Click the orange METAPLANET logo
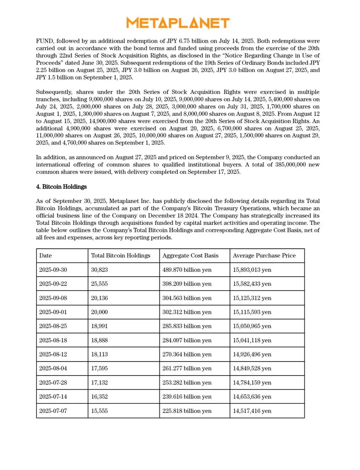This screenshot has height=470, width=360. [x=178, y=23]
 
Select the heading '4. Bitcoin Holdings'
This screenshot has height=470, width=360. [x=62, y=187]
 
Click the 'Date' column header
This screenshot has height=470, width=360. [x=45, y=256]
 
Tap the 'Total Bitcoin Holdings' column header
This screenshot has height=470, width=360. [x=121, y=256]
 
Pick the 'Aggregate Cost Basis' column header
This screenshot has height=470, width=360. [x=190, y=256]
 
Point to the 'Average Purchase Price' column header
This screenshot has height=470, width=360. [x=264, y=256]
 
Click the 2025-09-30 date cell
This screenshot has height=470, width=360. [x=53, y=270]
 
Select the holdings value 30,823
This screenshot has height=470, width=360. [x=99, y=270]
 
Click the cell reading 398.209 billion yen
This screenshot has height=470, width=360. [x=187, y=284]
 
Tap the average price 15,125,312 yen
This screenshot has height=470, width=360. [x=252, y=298]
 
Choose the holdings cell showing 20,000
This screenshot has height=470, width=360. [x=99, y=312]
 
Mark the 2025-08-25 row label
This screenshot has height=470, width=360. [x=53, y=326]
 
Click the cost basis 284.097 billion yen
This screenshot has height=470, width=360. [x=187, y=340]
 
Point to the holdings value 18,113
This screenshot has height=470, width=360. [x=99, y=354]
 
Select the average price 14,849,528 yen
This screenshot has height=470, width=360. [x=252, y=369]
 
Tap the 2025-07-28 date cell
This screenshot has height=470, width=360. [x=53, y=383]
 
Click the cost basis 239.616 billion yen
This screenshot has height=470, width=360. [x=187, y=397]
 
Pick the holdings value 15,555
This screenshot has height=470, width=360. [x=99, y=411]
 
